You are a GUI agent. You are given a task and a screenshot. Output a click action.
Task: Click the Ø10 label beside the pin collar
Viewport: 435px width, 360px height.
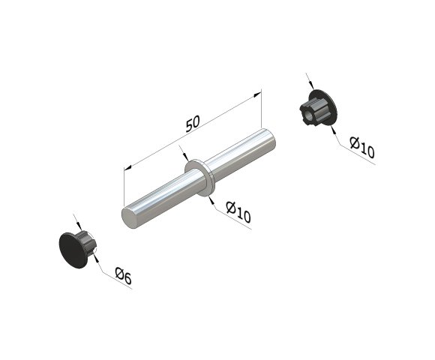pos(238,212)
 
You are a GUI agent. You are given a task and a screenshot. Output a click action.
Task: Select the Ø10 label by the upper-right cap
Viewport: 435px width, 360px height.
pos(362,147)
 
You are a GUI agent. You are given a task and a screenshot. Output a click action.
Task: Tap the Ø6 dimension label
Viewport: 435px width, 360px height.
pos(123,276)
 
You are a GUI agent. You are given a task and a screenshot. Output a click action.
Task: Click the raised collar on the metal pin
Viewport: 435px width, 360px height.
pos(199,178)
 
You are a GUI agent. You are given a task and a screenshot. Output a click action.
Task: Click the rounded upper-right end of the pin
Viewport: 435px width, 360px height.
pos(271,140)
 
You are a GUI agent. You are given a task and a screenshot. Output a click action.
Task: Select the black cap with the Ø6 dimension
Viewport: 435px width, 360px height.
pos(77,248)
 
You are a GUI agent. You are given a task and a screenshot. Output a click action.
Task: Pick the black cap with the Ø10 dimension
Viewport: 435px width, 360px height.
pos(319,108)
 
